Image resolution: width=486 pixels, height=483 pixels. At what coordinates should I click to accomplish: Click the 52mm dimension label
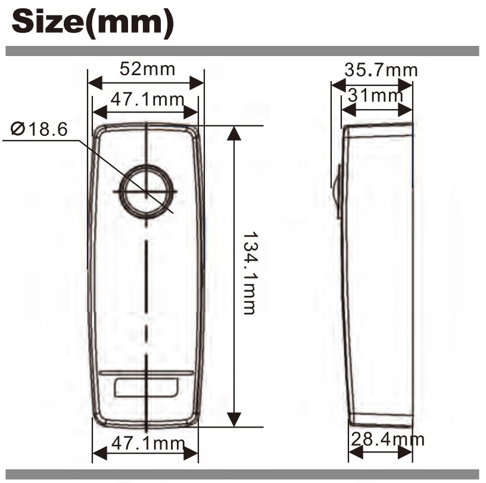pyautogui.click(x=147, y=69)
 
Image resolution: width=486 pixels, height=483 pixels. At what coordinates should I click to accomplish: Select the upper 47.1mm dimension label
pyautogui.click(x=147, y=100)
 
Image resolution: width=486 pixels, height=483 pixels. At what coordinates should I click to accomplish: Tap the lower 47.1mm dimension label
pyautogui.click(x=148, y=443)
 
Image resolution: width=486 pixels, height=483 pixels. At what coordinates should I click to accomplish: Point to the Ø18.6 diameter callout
pyautogui.click(x=39, y=129)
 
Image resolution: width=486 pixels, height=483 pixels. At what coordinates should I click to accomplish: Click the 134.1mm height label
pyautogui.click(x=249, y=273)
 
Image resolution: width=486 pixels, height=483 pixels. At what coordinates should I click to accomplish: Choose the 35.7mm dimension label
pyautogui.click(x=381, y=70)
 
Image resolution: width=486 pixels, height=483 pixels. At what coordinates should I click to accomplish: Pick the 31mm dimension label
pyautogui.click(x=375, y=95)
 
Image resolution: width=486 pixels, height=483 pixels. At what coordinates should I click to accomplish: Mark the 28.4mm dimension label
pyautogui.click(x=388, y=439)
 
